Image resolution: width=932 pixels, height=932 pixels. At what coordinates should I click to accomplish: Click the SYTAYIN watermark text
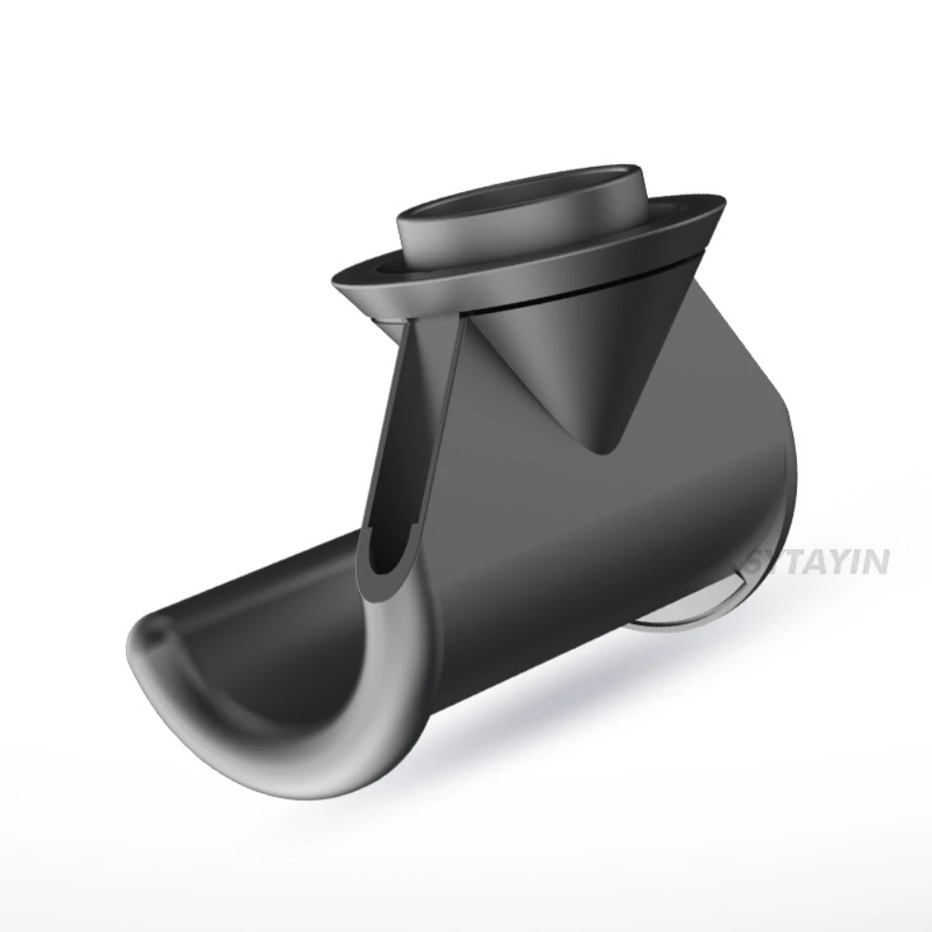(x=818, y=561)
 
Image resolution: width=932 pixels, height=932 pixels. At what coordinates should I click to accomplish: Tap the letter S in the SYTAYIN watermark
(x=757, y=561)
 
